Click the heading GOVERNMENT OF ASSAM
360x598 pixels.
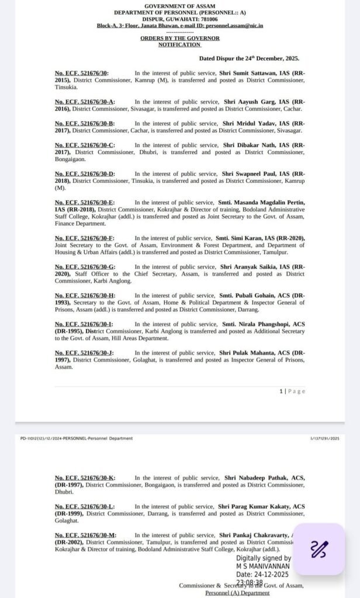(179, 6)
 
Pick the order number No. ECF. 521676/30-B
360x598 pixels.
(85, 123)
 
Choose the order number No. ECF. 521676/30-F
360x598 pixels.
(85, 239)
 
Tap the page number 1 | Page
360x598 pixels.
(292, 391)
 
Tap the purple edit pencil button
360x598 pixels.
(319, 549)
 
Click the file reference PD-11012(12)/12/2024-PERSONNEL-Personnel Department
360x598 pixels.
(76, 438)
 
